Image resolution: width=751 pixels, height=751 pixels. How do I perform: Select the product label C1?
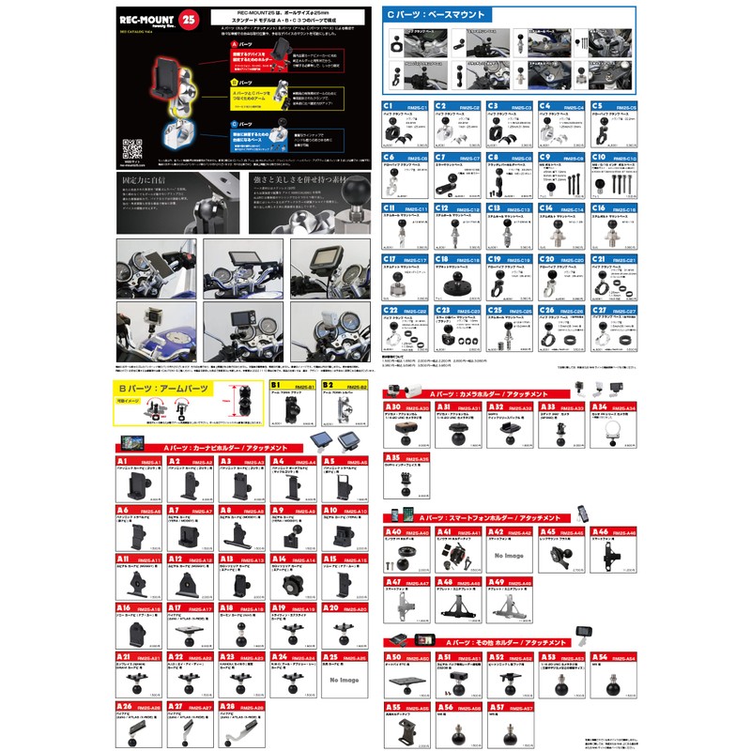click(389, 107)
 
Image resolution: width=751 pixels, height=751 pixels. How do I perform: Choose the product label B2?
click(330, 385)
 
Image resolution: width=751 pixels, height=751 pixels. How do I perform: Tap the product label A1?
click(123, 462)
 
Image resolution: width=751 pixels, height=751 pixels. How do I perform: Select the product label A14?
click(279, 559)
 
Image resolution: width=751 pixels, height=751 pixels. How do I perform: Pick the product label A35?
click(394, 457)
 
